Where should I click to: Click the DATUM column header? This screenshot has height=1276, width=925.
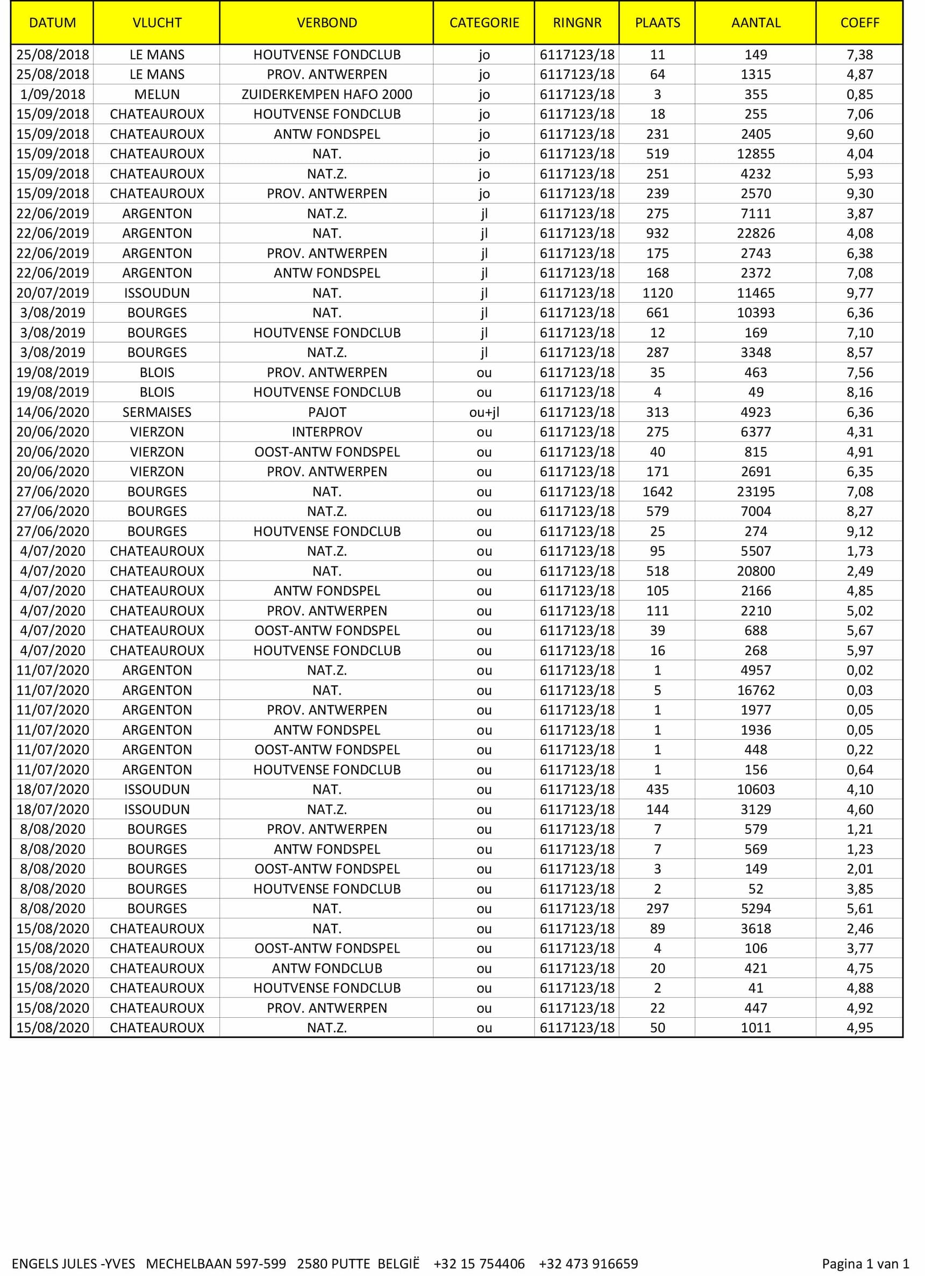pos(52,23)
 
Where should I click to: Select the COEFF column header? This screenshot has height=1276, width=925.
pos(859,23)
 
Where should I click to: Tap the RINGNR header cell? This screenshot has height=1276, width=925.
pos(577,23)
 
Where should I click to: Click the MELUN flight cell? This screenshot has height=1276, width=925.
pos(157,95)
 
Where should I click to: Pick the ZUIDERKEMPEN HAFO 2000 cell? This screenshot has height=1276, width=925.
pos(326,95)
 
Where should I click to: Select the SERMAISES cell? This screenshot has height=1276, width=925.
pos(157,413)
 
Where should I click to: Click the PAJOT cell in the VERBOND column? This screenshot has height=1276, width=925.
pos(326,413)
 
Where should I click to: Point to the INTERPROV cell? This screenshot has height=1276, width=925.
pos(326,432)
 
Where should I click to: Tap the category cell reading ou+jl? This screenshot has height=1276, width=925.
pos(484,413)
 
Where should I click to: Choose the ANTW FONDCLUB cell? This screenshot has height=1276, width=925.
pos(326,968)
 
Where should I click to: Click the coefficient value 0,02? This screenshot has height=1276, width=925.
pos(859,671)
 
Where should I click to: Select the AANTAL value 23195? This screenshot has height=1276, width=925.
pos(756,492)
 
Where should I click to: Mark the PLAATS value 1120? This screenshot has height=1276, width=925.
pos(657,293)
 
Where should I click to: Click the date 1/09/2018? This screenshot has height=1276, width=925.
pos(52,95)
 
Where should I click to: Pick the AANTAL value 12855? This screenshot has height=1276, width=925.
pos(756,154)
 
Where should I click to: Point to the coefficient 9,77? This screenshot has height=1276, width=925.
pos(859,293)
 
